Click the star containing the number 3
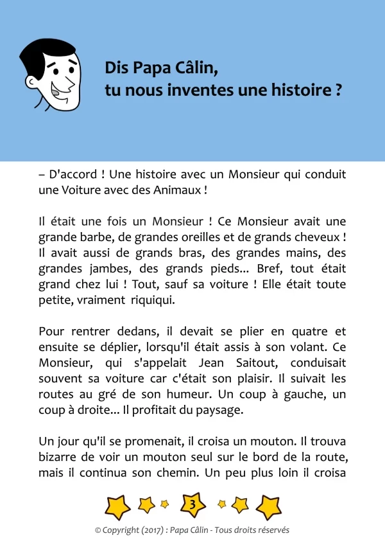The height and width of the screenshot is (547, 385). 193,505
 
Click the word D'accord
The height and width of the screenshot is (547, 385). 71,174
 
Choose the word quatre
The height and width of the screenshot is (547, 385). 312,332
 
